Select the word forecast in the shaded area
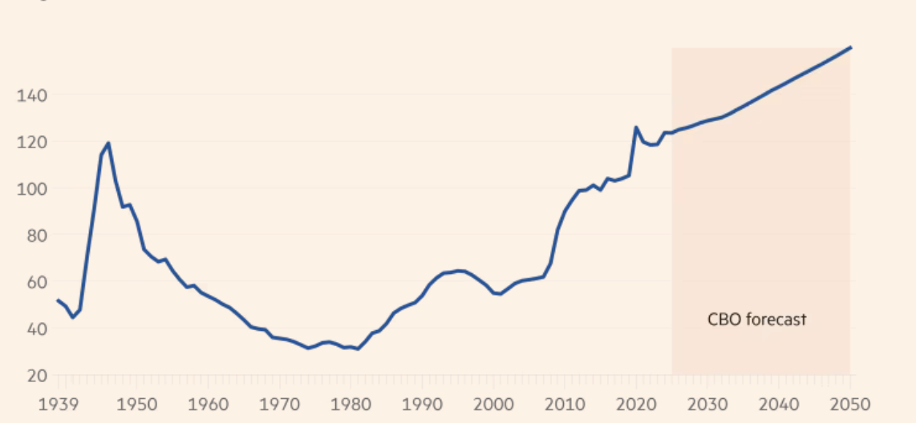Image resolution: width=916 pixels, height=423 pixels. (x=776, y=320)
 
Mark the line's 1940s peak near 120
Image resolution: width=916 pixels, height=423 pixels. (x=107, y=143)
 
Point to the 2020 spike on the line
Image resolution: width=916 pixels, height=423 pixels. (x=636, y=127)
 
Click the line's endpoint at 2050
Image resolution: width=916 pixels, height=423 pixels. (x=850, y=48)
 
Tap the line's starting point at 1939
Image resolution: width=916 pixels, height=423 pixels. (x=58, y=300)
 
